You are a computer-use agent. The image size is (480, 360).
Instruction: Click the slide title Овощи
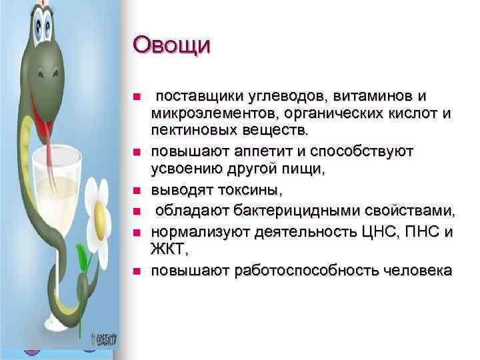coord(171,46)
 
